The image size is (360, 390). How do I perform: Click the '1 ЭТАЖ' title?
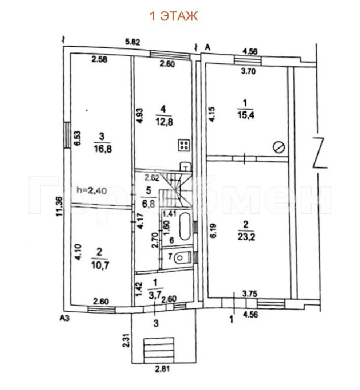(174, 16)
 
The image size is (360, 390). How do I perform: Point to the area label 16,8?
(103, 149)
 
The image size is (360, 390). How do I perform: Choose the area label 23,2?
(246, 237)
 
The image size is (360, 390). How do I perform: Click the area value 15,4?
(246, 115)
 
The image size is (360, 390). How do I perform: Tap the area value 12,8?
(164, 122)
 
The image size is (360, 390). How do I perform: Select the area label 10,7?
(100, 266)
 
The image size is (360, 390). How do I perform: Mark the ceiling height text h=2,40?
(92, 190)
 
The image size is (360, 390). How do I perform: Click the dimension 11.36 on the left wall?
(60, 207)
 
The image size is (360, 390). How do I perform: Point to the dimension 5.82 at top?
(133, 42)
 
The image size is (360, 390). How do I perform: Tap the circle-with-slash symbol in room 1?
(279, 147)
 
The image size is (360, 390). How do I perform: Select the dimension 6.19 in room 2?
(214, 231)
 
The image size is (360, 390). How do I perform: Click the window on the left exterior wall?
(67, 135)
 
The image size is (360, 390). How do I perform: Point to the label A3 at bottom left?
(64, 318)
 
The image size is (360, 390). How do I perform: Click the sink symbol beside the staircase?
(185, 166)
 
